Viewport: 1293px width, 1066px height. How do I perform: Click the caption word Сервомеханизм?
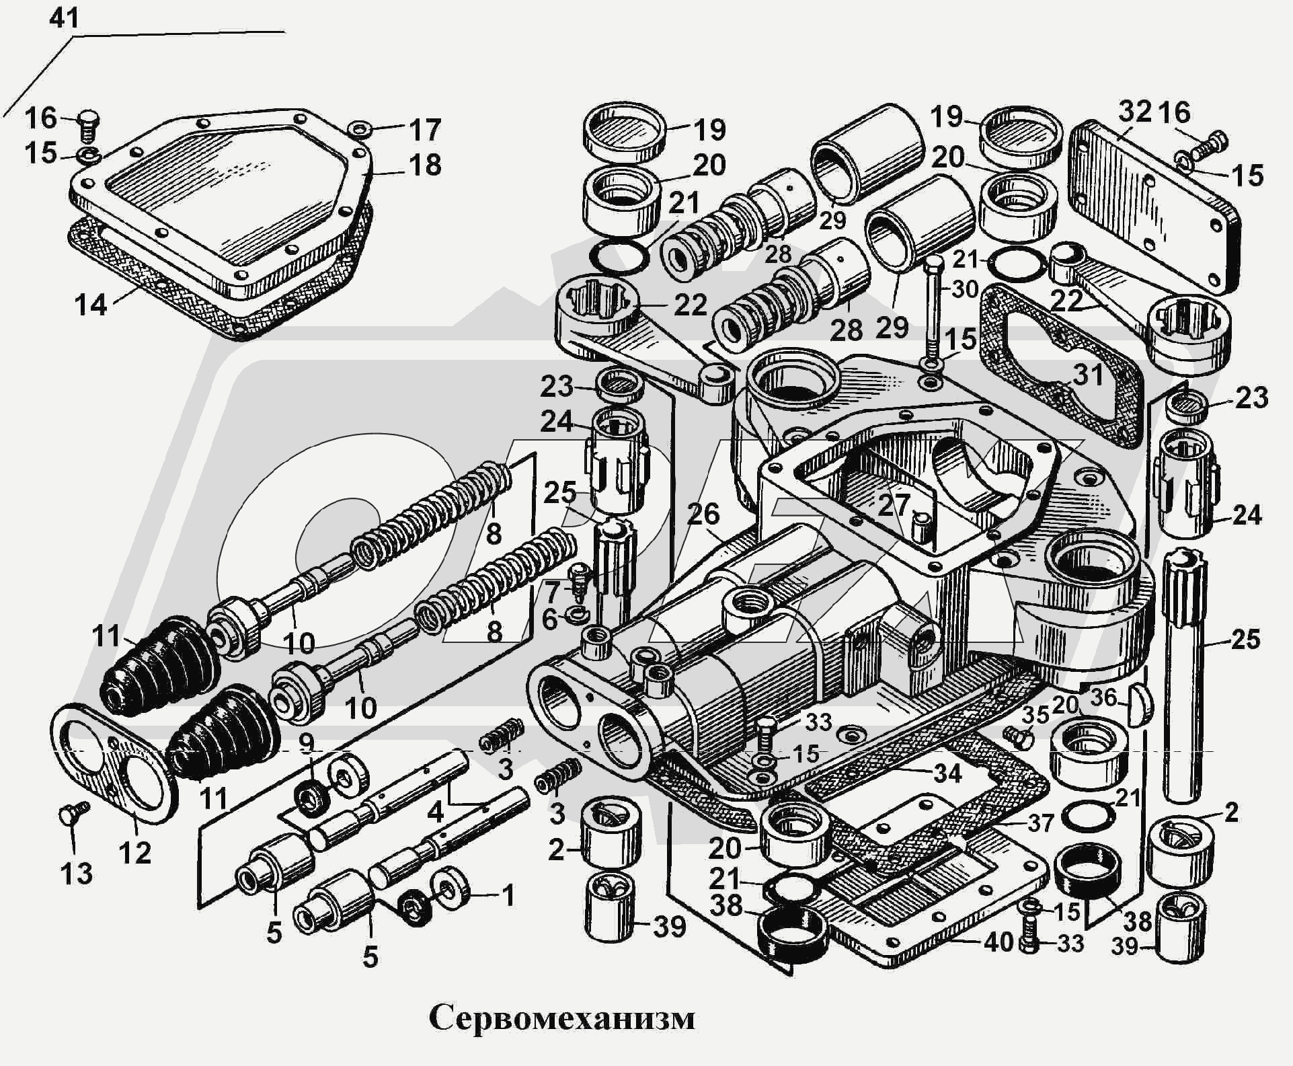(562, 1018)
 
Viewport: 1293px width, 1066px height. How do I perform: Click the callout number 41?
(65, 17)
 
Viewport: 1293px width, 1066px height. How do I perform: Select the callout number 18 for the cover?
(425, 165)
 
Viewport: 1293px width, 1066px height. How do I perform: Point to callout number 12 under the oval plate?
(134, 852)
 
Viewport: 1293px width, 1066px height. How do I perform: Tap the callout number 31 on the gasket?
(1088, 374)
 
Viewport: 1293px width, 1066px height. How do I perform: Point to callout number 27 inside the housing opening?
(894, 505)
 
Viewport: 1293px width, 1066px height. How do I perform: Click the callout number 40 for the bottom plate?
(998, 942)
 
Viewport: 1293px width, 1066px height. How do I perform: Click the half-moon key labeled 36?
(1140, 704)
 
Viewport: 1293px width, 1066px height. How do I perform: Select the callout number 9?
(307, 743)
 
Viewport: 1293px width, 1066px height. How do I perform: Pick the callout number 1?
(508, 896)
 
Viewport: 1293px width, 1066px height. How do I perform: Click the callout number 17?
(425, 130)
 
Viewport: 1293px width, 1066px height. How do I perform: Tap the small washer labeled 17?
(360, 127)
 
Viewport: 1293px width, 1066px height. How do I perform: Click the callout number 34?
(947, 773)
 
